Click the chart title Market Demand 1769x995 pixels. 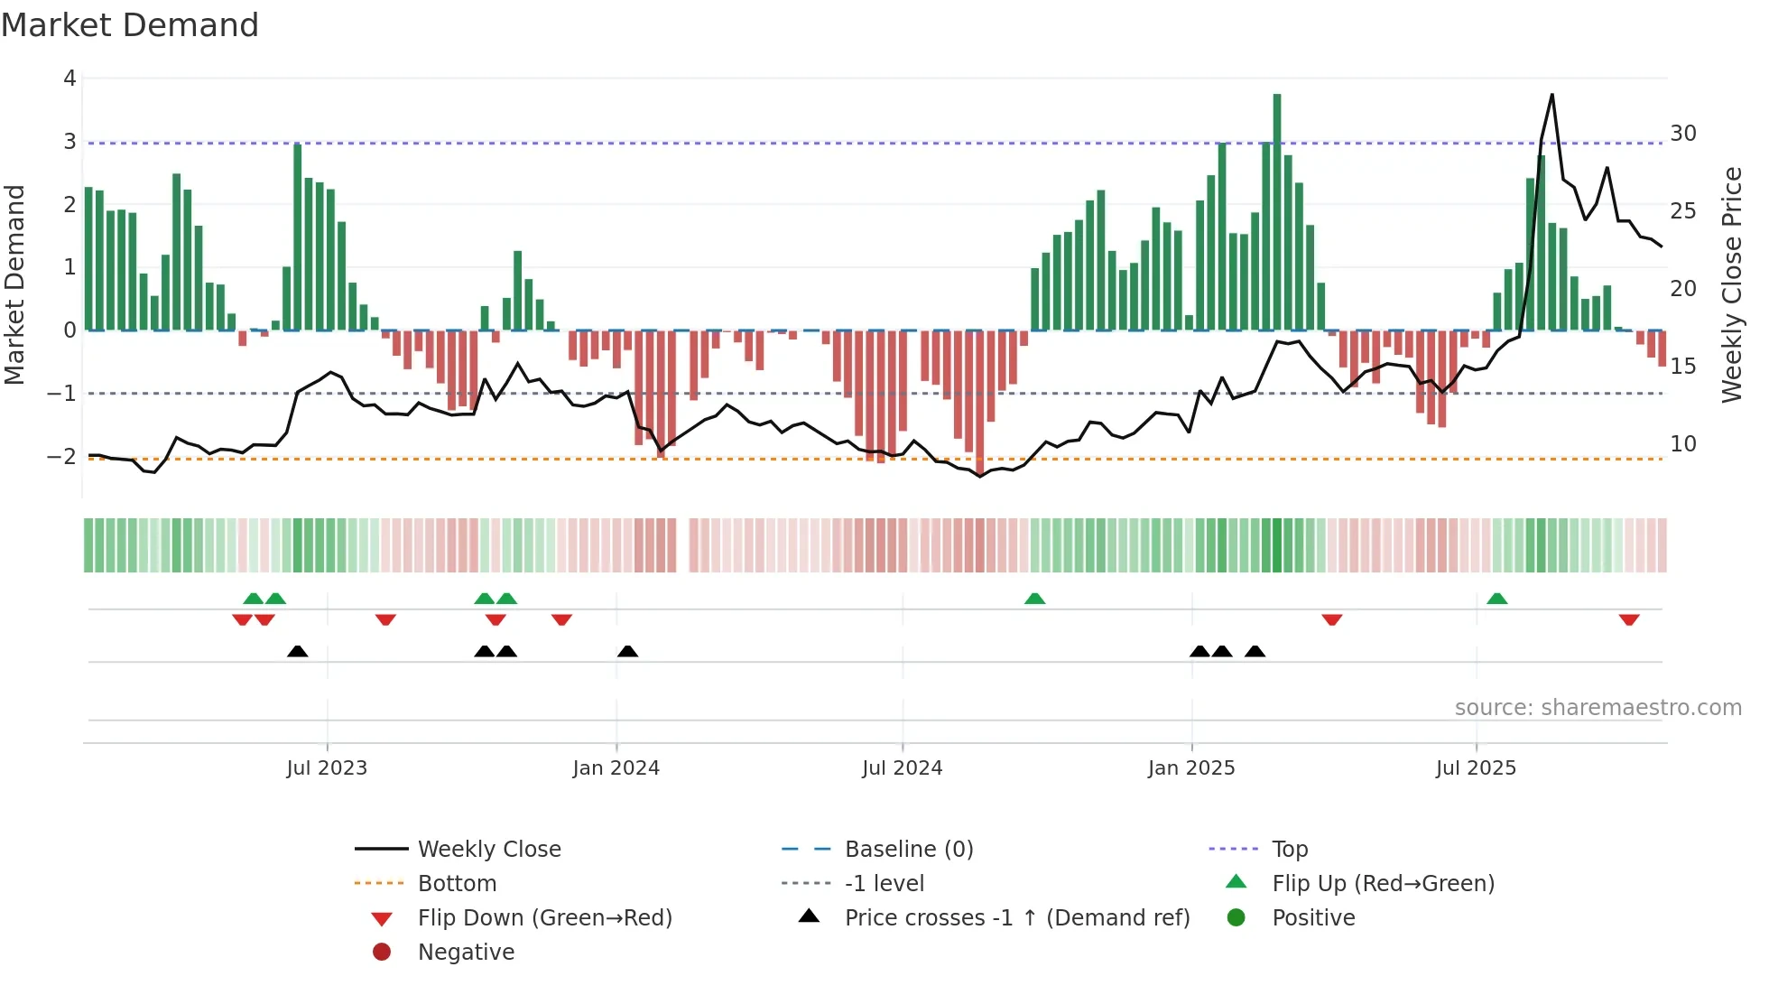tap(130, 25)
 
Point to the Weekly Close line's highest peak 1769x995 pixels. tap(1552, 95)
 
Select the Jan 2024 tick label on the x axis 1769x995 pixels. tap(616, 768)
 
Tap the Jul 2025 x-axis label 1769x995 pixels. tap(1476, 768)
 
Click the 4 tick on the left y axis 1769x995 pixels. tap(69, 79)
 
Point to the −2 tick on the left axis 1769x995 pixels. tap(62, 456)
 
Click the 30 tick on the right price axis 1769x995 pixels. tap(1683, 134)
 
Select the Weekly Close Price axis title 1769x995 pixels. tap(1731, 284)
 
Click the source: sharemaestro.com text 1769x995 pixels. tap(1598, 708)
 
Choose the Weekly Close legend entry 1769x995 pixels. tap(488, 850)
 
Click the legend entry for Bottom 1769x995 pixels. tap(457, 884)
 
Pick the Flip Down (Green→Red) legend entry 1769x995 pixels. tap(544, 918)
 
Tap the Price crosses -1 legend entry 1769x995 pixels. tap(1016, 918)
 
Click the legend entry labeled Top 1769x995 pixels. tap(1290, 850)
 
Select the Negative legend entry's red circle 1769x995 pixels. tap(382, 953)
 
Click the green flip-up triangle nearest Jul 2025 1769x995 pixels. tap(1497, 599)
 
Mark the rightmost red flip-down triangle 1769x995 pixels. tap(1629, 619)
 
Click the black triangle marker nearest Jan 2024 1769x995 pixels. tap(628, 651)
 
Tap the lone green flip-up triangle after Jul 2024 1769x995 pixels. tap(1035, 599)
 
